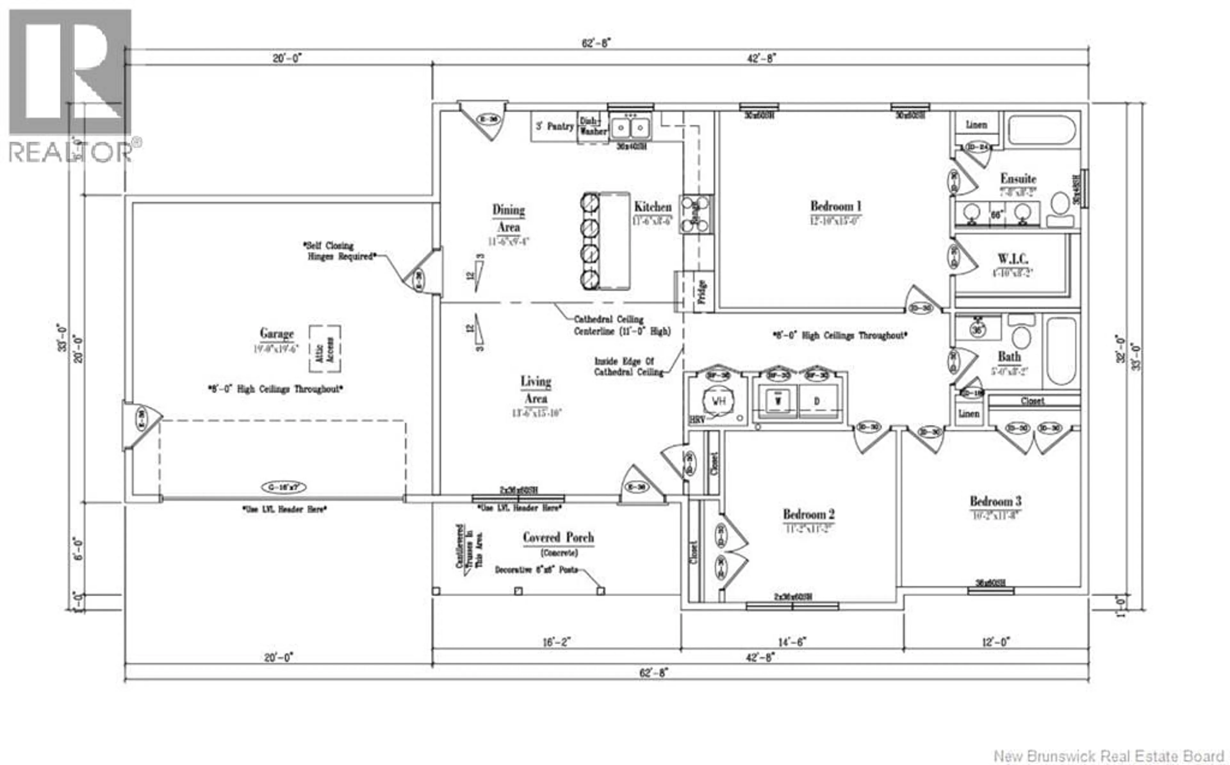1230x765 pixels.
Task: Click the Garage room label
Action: (276, 333)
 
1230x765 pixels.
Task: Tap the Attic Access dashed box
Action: (325, 349)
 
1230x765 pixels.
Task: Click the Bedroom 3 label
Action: (995, 501)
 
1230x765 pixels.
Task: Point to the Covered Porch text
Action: (558, 537)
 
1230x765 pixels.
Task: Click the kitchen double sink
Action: (630, 127)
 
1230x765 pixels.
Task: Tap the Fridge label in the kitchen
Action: (702, 292)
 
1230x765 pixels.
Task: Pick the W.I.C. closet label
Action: (1013, 259)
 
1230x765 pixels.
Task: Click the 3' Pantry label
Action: (554, 126)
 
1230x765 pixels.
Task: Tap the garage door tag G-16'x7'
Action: (283, 487)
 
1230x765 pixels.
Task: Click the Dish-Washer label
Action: (593, 126)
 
